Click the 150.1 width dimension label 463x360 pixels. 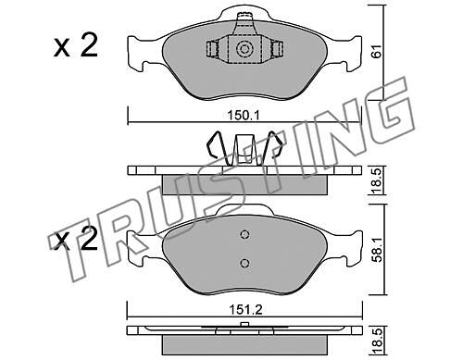244,116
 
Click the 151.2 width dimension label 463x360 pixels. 245,309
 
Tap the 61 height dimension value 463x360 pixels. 377,51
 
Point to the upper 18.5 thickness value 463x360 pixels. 377,180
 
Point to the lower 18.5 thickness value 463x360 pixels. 377,341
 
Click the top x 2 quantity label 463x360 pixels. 76,46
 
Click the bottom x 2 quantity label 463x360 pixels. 76,239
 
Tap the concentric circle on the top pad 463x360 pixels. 244,49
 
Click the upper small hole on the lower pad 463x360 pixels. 244,234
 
